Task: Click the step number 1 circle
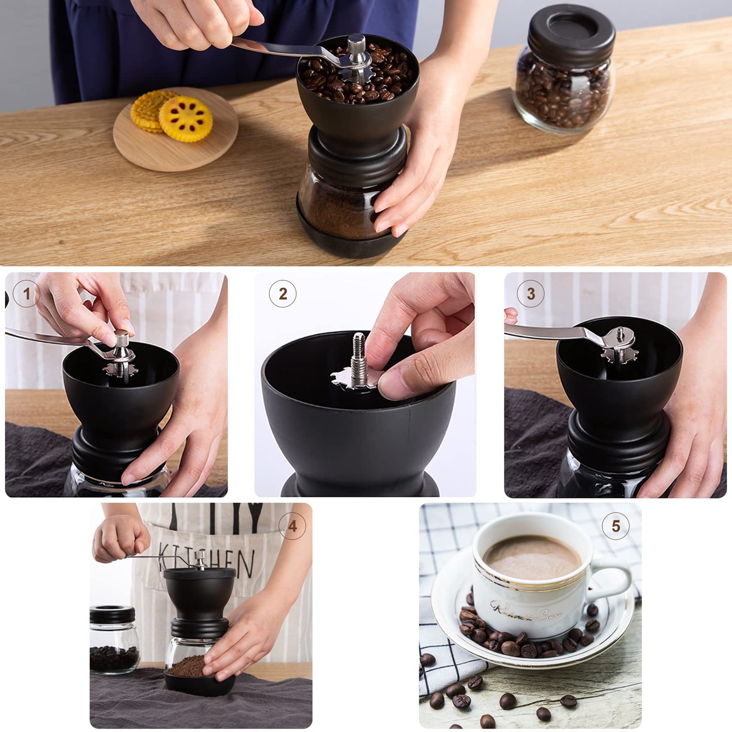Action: (26, 293)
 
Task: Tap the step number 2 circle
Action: (282, 293)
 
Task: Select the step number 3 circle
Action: (530, 293)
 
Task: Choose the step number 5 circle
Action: (615, 526)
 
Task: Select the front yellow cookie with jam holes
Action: (185, 119)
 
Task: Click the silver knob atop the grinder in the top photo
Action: (357, 43)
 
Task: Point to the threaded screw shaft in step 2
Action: (359, 350)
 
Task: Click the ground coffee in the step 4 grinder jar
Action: (187, 666)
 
